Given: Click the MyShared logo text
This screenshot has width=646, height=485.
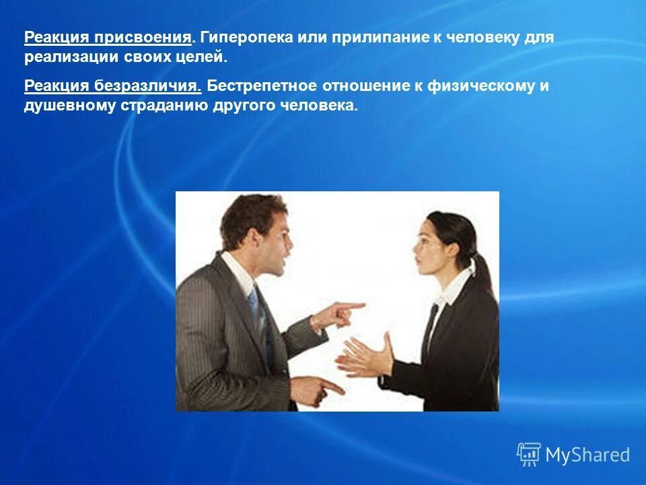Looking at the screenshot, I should click(587, 455).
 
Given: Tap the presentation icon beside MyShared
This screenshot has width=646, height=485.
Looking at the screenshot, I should click(529, 455).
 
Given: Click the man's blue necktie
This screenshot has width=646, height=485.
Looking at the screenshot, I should click(254, 306).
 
